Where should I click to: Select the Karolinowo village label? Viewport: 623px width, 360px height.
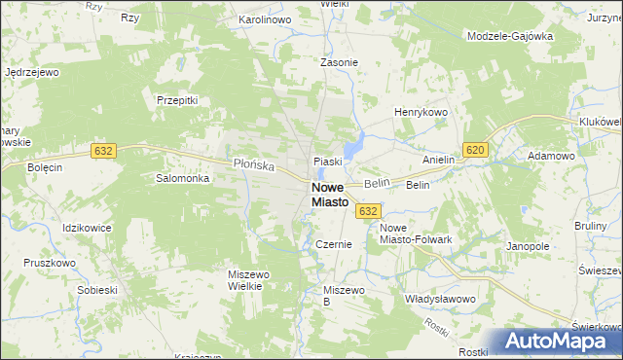[266, 19]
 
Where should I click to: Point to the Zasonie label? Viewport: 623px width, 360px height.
[340, 62]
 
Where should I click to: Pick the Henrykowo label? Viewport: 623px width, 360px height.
[420, 113]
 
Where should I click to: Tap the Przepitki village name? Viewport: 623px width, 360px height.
[177, 99]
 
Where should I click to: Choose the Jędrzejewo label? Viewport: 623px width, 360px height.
[33, 72]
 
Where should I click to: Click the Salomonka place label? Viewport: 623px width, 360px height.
[183, 179]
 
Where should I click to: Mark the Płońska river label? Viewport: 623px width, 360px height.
[256, 163]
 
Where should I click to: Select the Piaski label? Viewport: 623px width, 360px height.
[326, 162]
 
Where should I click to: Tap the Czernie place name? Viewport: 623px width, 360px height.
[333, 245]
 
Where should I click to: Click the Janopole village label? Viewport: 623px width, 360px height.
[529, 247]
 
